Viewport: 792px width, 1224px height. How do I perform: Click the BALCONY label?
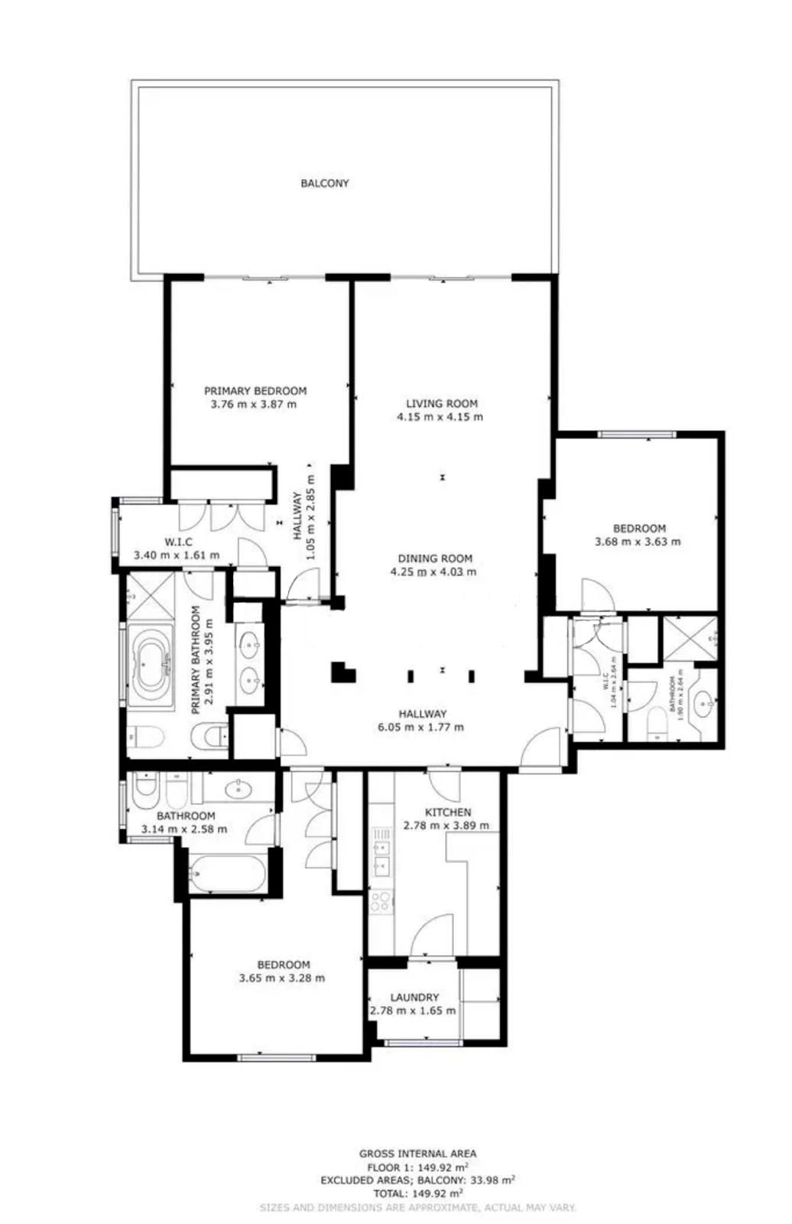click(324, 184)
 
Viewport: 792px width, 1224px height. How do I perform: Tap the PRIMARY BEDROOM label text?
click(255, 391)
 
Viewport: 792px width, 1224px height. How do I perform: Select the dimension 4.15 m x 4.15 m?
click(440, 417)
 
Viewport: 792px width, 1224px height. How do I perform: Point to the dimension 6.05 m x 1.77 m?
click(420, 728)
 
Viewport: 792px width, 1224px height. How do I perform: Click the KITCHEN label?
click(448, 812)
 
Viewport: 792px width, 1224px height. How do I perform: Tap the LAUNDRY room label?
click(414, 998)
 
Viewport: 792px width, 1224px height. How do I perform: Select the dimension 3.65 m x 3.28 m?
click(281, 978)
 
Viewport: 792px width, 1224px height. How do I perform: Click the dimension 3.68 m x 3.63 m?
click(638, 542)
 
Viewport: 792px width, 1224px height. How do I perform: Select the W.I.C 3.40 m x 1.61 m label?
click(177, 549)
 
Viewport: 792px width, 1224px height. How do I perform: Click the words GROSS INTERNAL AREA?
click(417, 1154)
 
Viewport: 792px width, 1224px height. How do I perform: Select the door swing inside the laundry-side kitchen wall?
click(433, 935)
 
